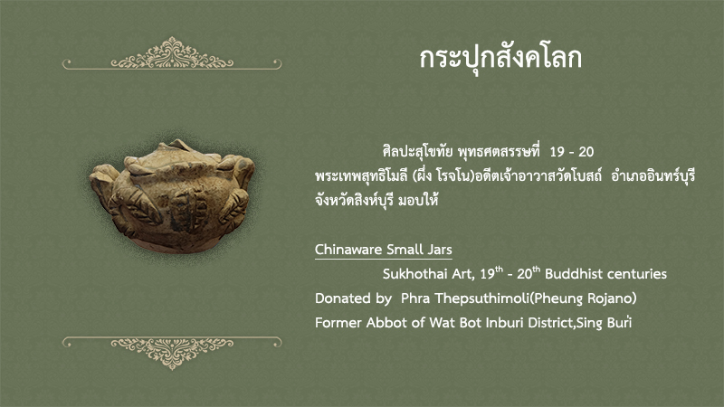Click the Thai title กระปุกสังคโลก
[x=500, y=59]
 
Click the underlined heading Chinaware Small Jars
[x=383, y=250]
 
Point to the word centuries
[x=637, y=274]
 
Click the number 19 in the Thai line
[x=557, y=152]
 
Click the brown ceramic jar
[x=172, y=196]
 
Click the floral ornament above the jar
[x=172, y=54]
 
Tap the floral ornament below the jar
[x=172, y=353]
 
